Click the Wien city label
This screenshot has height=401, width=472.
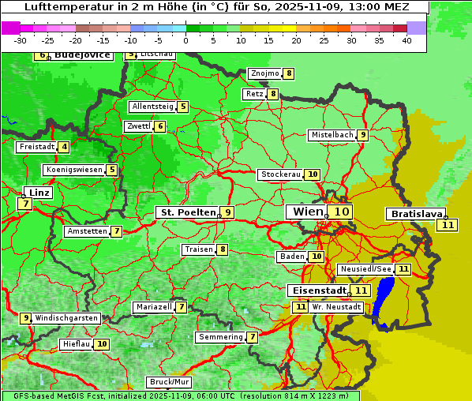pos(307,212)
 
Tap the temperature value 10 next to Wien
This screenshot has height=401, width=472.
pos(340,212)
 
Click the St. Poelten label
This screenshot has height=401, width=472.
pos(187,212)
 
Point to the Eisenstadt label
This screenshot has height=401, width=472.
pos(317,290)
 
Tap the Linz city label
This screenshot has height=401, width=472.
pos(39,193)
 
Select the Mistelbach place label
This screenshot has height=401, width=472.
pos(332,135)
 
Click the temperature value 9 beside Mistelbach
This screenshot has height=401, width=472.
pos(362,135)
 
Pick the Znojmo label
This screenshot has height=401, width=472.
pos(264,73)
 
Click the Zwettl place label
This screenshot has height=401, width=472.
pos(138,126)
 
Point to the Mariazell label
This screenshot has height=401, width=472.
pos(153,306)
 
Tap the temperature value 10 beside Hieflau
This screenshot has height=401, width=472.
pos(102,344)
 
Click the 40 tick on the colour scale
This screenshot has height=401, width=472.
pos(406,40)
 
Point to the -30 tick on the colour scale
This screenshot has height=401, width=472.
pos(21,40)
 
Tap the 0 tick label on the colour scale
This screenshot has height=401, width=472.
pos(186,40)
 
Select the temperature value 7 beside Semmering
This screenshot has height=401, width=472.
pos(252,337)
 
